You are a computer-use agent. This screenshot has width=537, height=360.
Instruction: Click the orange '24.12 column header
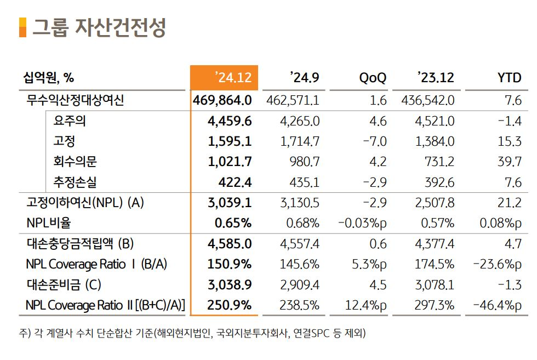tap(224, 77)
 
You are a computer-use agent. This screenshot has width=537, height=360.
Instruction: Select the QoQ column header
tap(373, 78)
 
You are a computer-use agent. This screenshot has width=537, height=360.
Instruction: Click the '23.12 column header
tap(436, 78)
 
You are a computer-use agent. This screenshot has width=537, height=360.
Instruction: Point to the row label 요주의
tap(70, 121)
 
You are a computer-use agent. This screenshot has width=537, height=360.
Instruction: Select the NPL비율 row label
tap(48, 223)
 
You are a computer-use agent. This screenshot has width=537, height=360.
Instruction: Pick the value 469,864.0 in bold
tap(222, 100)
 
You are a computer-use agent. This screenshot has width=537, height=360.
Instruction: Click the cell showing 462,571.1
tap(293, 100)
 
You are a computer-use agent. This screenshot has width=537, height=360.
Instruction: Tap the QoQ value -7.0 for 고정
tap(375, 141)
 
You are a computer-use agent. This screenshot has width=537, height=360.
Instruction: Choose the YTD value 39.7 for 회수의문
tap(510, 162)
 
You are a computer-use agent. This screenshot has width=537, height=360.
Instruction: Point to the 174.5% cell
tap(434, 264)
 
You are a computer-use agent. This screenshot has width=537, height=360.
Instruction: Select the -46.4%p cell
tap(498, 305)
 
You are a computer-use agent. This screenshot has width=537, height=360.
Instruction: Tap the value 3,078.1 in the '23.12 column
tap(435, 284)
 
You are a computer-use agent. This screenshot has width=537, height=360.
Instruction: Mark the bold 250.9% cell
tap(230, 305)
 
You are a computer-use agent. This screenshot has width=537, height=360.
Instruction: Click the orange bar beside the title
tap(22, 27)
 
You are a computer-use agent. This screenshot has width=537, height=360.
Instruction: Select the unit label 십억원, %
tap(49, 78)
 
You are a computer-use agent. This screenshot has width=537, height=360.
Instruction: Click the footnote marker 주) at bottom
tap(25, 333)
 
